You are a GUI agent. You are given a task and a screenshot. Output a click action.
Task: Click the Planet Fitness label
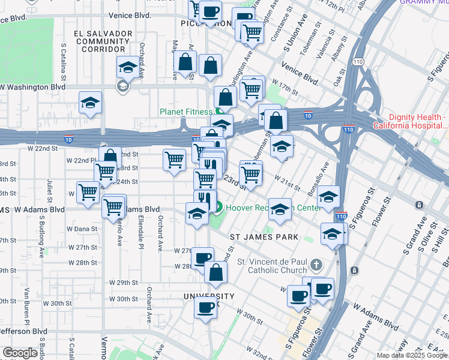pos(185,112)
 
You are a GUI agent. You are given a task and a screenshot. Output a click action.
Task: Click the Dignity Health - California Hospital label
pos(411,121)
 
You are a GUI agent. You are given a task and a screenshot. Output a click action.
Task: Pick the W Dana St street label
pos(82,229)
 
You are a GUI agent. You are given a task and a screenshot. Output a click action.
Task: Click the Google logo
pos(20,353)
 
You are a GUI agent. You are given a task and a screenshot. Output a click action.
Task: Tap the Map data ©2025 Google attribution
pos(412,355)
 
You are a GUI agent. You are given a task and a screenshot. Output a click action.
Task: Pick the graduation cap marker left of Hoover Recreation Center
pos(197,214)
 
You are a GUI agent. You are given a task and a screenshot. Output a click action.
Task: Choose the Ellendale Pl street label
pos(141,232)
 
